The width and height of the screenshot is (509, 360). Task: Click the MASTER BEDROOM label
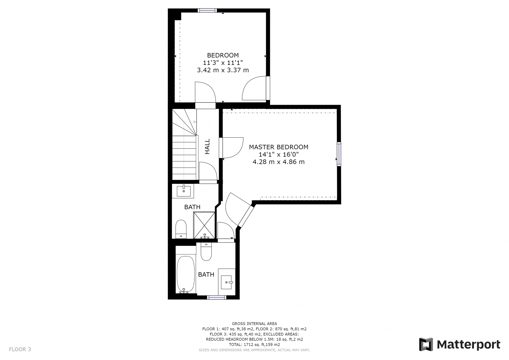point(279,147)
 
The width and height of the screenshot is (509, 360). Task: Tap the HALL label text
point(207,146)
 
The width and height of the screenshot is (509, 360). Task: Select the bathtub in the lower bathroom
point(186,274)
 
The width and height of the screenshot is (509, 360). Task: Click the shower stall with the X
point(204,225)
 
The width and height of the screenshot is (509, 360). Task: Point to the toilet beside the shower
point(181,229)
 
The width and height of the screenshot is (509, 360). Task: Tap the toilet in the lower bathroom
point(206,252)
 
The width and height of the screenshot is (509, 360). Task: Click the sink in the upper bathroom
point(183,191)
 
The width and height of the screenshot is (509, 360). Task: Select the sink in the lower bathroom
point(227,282)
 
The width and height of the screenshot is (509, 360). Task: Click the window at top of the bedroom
point(207,11)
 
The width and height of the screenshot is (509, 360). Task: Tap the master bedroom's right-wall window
point(339,154)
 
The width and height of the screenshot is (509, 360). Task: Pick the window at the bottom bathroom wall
point(217,297)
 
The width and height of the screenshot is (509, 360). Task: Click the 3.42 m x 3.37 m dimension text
point(223,70)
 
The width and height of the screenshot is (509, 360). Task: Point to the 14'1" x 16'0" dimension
point(279,155)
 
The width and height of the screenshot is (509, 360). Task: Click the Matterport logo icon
point(426,344)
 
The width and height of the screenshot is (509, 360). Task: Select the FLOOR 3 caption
point(20,349)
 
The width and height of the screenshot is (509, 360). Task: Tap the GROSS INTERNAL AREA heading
point(254,323)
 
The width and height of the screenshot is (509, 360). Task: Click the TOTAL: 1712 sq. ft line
point(254,345)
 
